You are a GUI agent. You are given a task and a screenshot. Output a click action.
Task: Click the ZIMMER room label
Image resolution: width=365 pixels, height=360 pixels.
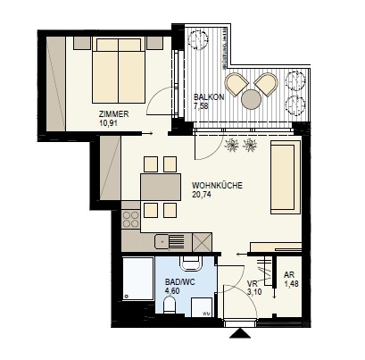tap(114, 114)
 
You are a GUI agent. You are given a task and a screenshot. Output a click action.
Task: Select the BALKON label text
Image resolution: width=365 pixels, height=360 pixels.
tap(209, 97)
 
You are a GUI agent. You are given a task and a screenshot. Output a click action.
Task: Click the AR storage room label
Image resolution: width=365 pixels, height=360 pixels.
tap(289, 274)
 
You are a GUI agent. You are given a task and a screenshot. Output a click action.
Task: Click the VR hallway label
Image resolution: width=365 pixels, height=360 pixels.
tap(253, 283)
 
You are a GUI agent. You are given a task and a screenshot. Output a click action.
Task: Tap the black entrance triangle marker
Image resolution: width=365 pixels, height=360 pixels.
tap(239, 333)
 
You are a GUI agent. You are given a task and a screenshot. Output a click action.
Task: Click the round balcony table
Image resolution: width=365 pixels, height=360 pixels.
tap(251, 99)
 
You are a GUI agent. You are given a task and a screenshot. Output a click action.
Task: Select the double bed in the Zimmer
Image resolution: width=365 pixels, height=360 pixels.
tap(119, 71)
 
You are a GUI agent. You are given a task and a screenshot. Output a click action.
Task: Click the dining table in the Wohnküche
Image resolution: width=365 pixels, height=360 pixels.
tap(161, 187)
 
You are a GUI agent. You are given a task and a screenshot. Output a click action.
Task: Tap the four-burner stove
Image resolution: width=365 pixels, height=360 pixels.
tap(131, 219)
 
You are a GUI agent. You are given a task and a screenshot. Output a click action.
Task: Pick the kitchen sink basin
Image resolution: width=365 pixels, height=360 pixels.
tap(161, 241)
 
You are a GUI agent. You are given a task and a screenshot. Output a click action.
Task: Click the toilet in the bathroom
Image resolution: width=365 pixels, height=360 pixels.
tap(170, 306)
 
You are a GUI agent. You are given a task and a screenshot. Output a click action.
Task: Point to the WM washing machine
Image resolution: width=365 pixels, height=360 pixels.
tap(202, 307)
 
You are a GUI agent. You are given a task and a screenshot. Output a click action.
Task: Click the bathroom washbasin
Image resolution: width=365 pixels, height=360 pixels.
tap(191, 264)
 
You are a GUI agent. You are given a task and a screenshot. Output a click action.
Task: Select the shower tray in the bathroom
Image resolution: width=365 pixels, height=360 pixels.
tap(138, 279)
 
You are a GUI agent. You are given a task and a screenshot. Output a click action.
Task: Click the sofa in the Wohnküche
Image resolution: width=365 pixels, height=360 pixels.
tap(286, 178)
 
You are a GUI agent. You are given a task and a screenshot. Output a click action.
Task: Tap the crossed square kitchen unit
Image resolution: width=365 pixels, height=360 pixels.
tap(203, 242)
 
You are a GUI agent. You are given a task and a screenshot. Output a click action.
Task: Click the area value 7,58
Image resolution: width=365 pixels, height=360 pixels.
tap(201, 106)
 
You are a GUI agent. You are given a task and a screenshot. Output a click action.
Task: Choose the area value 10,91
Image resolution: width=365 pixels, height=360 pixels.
tap(108, 123)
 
